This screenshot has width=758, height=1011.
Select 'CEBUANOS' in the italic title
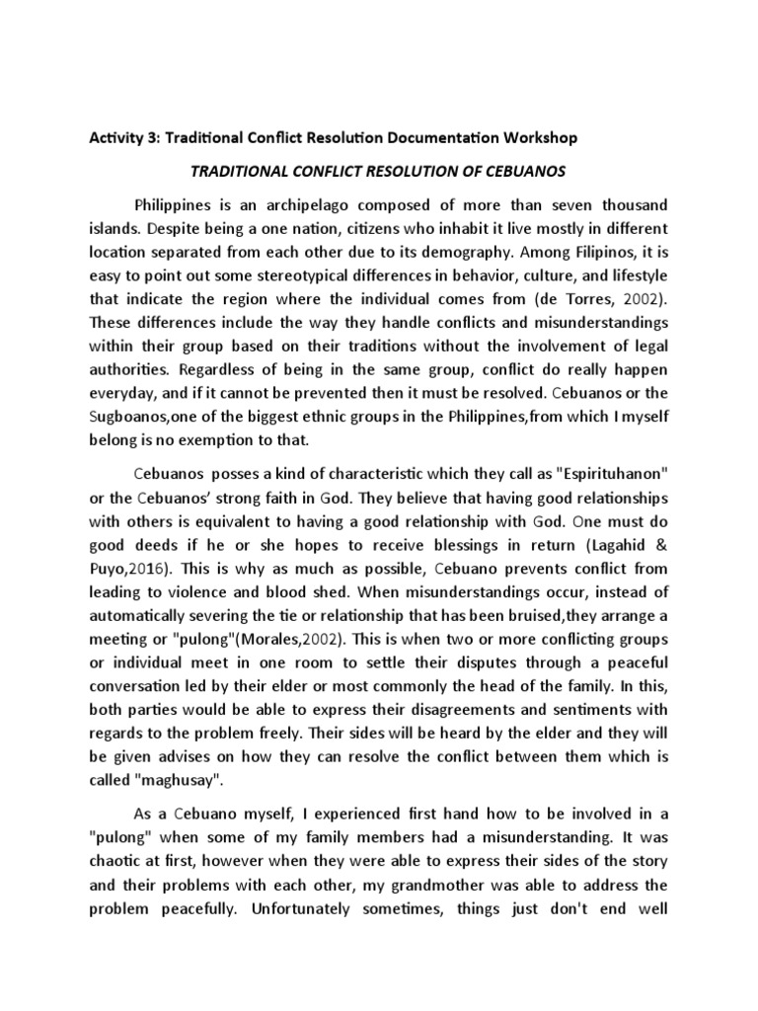pos(528,171)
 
